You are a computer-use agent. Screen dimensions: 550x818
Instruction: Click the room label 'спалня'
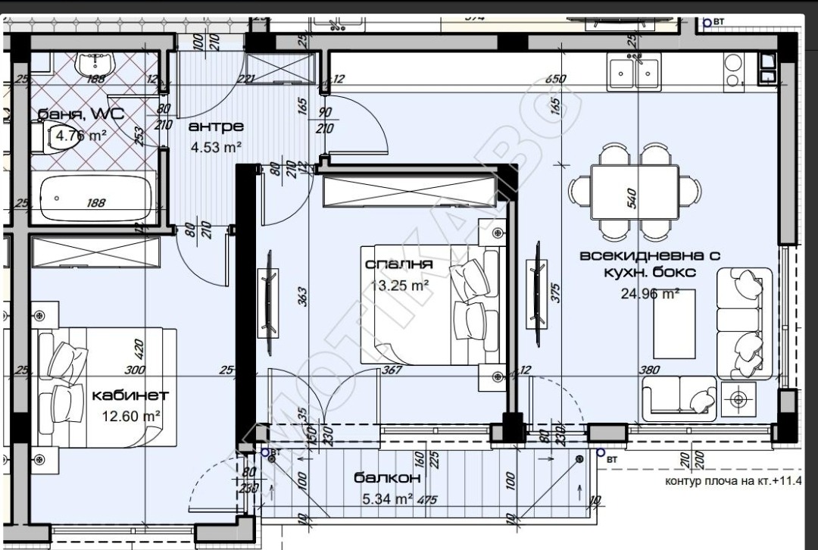(398, 264)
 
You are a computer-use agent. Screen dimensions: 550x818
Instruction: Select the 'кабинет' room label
(130, 395)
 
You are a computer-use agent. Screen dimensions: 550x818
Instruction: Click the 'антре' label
(216, 127)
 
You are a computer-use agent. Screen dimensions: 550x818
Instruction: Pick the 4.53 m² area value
(216, 146)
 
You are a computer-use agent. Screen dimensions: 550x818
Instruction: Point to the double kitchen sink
(634, 72)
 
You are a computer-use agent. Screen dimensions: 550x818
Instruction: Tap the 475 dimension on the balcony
(428, 499)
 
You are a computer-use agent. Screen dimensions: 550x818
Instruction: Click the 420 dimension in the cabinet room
(138, 349)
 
